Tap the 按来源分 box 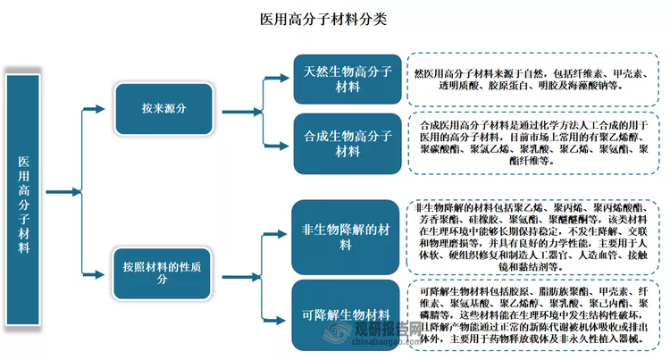click(x=163, y=108)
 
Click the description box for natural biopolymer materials click(x=533, y=79)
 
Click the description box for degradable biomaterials click(x=533, y=314)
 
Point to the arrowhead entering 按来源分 click(x=110, y=108)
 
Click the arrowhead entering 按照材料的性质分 click(x=110, y=271)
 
